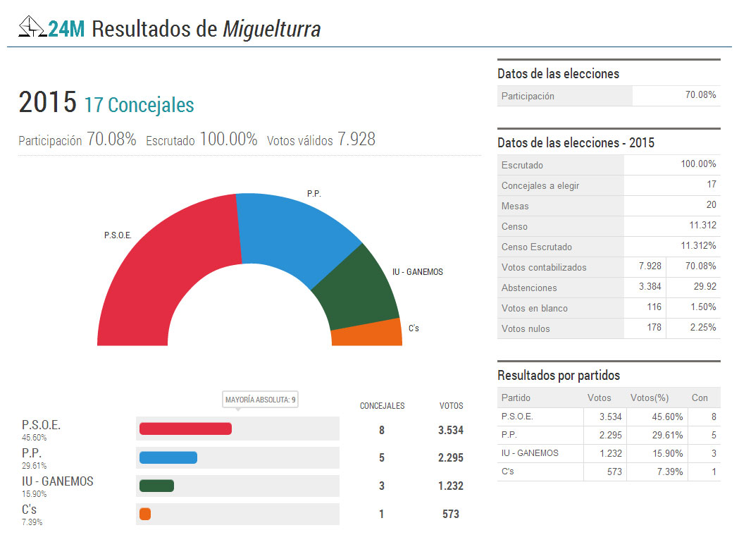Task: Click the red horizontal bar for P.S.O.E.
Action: point(185,429)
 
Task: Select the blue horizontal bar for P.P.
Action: point(168,457)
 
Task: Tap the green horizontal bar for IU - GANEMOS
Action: point(156,486)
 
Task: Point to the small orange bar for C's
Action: point(145,514)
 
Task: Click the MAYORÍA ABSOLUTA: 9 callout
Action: point(261,400)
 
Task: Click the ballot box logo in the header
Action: point(32,28)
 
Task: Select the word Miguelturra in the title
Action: point(272,30)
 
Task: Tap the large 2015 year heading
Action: point(47,103)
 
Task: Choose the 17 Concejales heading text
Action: point(139,105)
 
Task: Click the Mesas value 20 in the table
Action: point(711,205)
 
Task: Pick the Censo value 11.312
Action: point(702,226)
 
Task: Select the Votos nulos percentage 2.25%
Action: point(702,328)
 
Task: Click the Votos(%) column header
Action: point(647,398)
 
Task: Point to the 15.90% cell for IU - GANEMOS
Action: point(667,452)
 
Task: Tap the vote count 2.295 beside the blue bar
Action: point(450,457)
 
